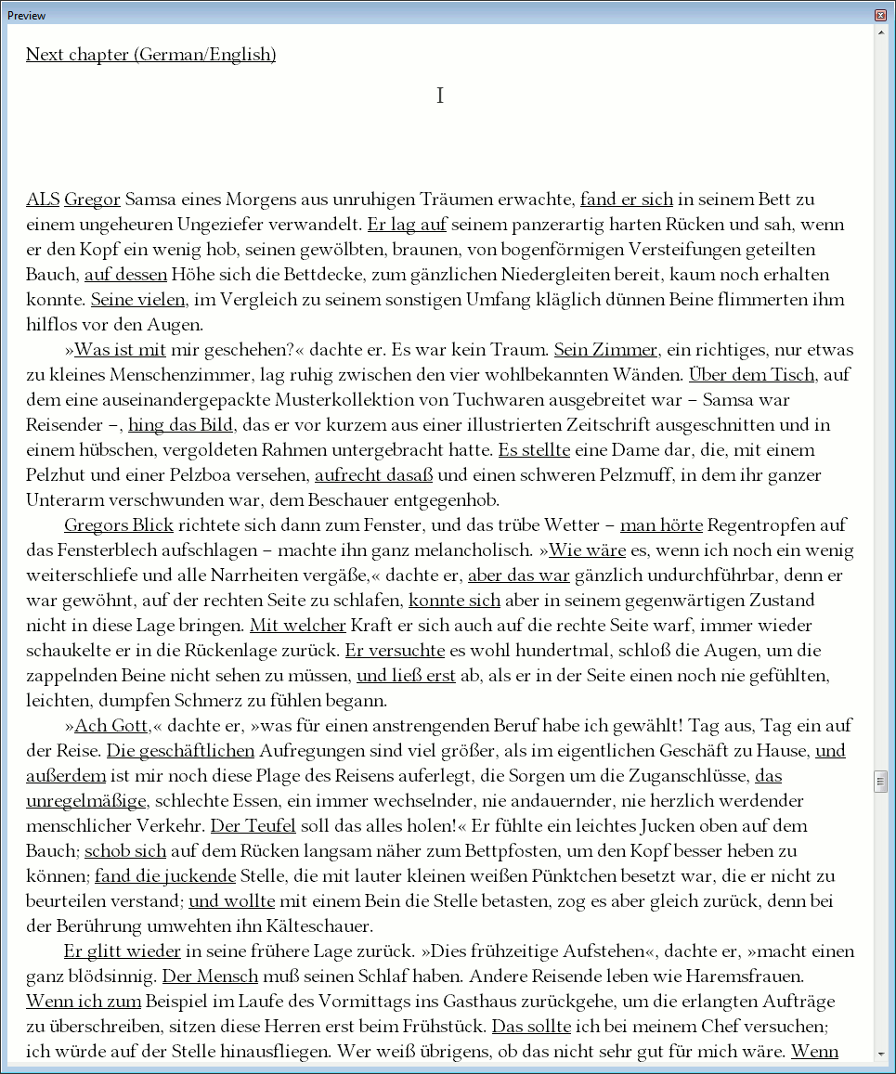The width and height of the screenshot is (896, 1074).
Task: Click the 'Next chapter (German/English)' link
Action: [x=150, y=55]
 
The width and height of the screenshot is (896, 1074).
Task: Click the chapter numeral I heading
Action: [x=440, y=96]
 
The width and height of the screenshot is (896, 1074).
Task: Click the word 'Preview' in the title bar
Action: [x=27, y=16]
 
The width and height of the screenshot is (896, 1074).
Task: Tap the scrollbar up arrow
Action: [x=881, y=32]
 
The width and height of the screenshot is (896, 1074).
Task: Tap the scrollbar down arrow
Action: [x=881, y=1054]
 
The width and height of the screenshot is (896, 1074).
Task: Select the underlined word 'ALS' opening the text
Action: [x=43, y=200]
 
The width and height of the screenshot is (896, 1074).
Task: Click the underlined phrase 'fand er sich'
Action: [x=626, y=200]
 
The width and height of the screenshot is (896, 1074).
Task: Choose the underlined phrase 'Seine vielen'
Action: [x=139, y=300]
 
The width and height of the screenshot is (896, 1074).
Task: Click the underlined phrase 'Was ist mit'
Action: [x=120, y=350]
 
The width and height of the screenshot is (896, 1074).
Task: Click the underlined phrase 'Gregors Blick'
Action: [x=119, y=525]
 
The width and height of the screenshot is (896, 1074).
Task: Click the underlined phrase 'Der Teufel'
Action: [x=253, y=825]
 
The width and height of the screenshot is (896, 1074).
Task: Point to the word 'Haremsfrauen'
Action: [x=751, y=976]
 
